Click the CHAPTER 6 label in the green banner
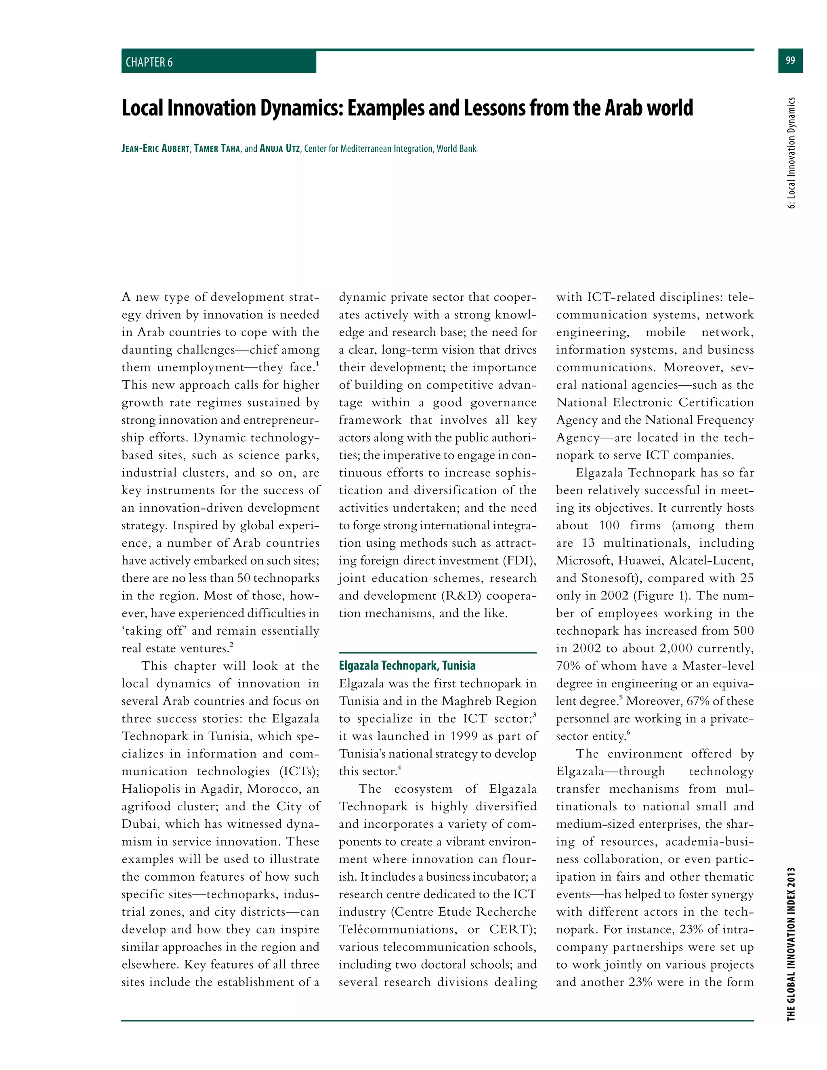tap(149, 62)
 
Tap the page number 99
tap(790, 60)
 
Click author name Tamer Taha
tap(216, 149)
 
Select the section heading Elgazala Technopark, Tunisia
tap(407, 665)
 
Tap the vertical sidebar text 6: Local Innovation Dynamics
tap(791, 153)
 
